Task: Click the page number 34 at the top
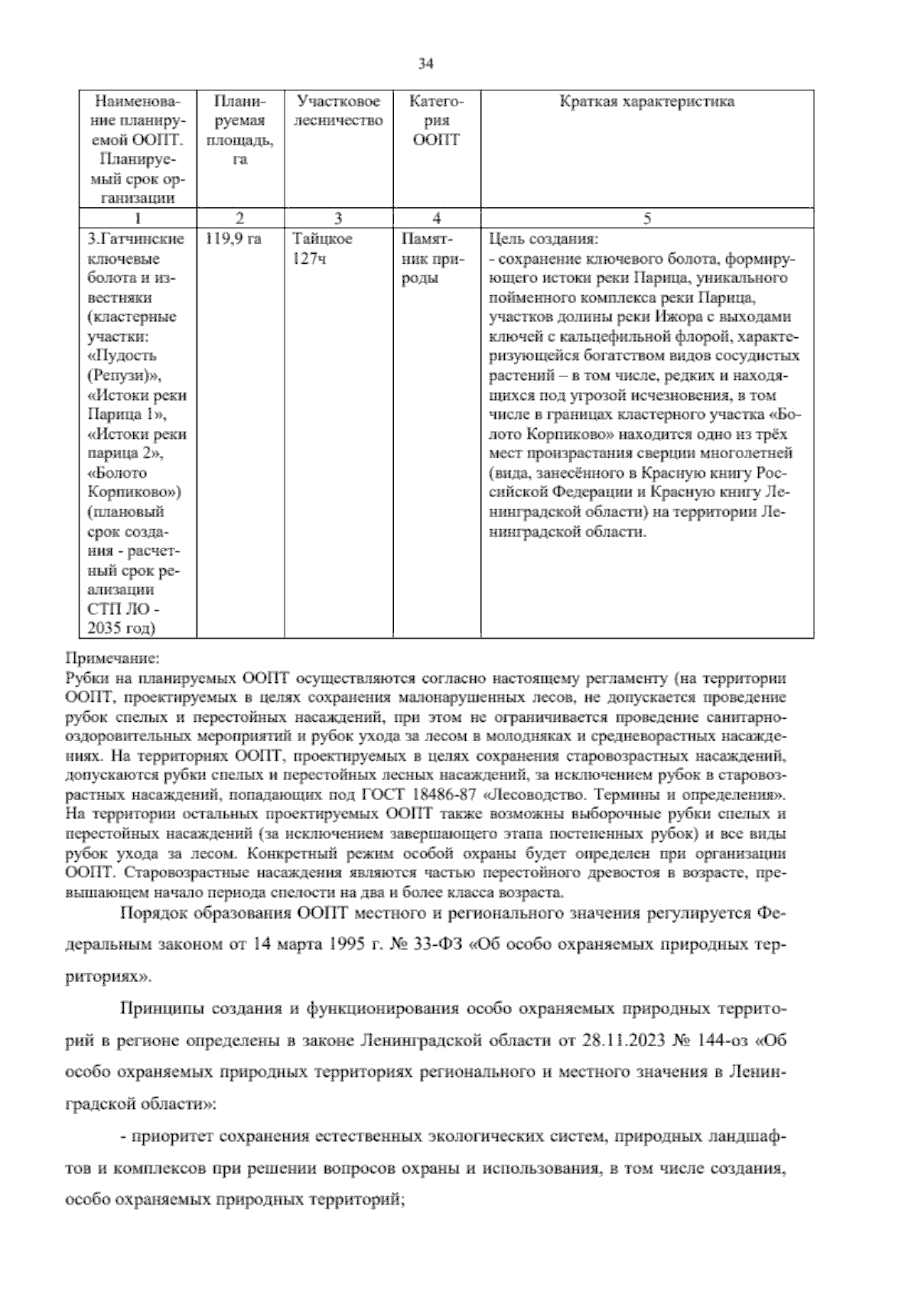(x=426, y=64)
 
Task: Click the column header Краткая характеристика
(x=646, y=102)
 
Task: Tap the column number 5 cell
(x=646, y=219)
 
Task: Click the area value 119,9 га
(x=233, y=239)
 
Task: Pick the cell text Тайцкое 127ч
(x=322, y=249)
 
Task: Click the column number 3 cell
(x=337, y=219)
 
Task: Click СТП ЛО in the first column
(x=125, y=609)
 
